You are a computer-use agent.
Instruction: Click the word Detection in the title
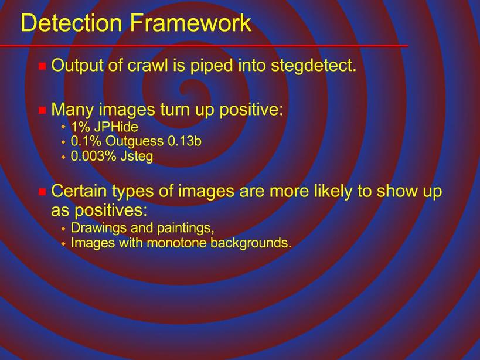pyautogui.click(x=71, y=23)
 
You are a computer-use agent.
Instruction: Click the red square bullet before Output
pyautogui.click(x=42, y=66)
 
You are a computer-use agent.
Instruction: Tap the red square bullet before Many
pyautogui.click(x=42, y=110)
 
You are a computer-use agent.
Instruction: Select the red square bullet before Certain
pyautogui.click(x=42, y=192)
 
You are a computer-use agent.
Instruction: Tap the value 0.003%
pyautogui.click(x=93, y=156)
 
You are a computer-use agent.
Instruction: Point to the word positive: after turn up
pyautogui.click(x=251, y=110)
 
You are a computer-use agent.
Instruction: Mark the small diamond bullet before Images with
pyautogui.click(x=63, y=244)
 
